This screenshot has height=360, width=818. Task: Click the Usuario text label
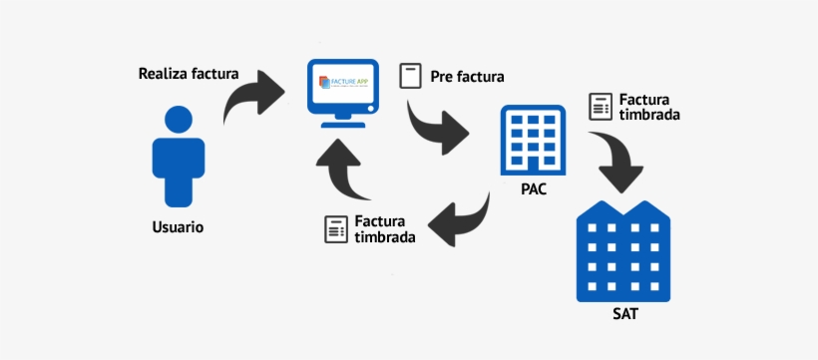[x=178, y=227]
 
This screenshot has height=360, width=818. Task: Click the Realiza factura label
[x=188, y=74]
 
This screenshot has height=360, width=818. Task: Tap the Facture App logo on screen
[x=342, y=83]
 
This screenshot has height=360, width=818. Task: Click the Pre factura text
[x=467, y=76]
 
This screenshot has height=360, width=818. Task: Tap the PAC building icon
[x=533, y=139]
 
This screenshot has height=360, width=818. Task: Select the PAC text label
[x=533, y=187]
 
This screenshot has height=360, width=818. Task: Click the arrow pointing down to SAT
[x=618, y=160]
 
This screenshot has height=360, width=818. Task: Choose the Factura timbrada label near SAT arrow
[x=649, y=107]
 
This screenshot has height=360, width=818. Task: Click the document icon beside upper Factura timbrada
[x=601, y=106]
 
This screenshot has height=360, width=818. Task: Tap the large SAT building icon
[x=625, y=250]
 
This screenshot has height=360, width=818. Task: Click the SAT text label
[x=625, y=316]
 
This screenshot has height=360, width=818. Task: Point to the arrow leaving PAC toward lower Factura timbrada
[x=463, y=217]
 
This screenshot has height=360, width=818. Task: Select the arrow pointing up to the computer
[x=343, y=169]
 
